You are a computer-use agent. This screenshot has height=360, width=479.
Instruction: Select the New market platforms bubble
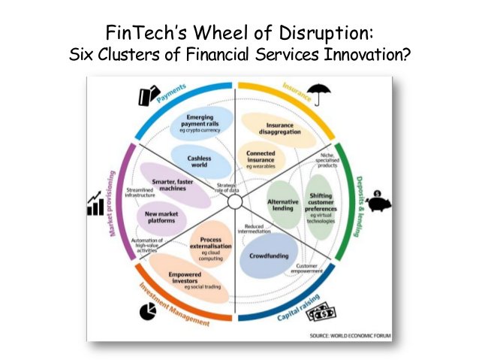(x=162, y=219)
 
